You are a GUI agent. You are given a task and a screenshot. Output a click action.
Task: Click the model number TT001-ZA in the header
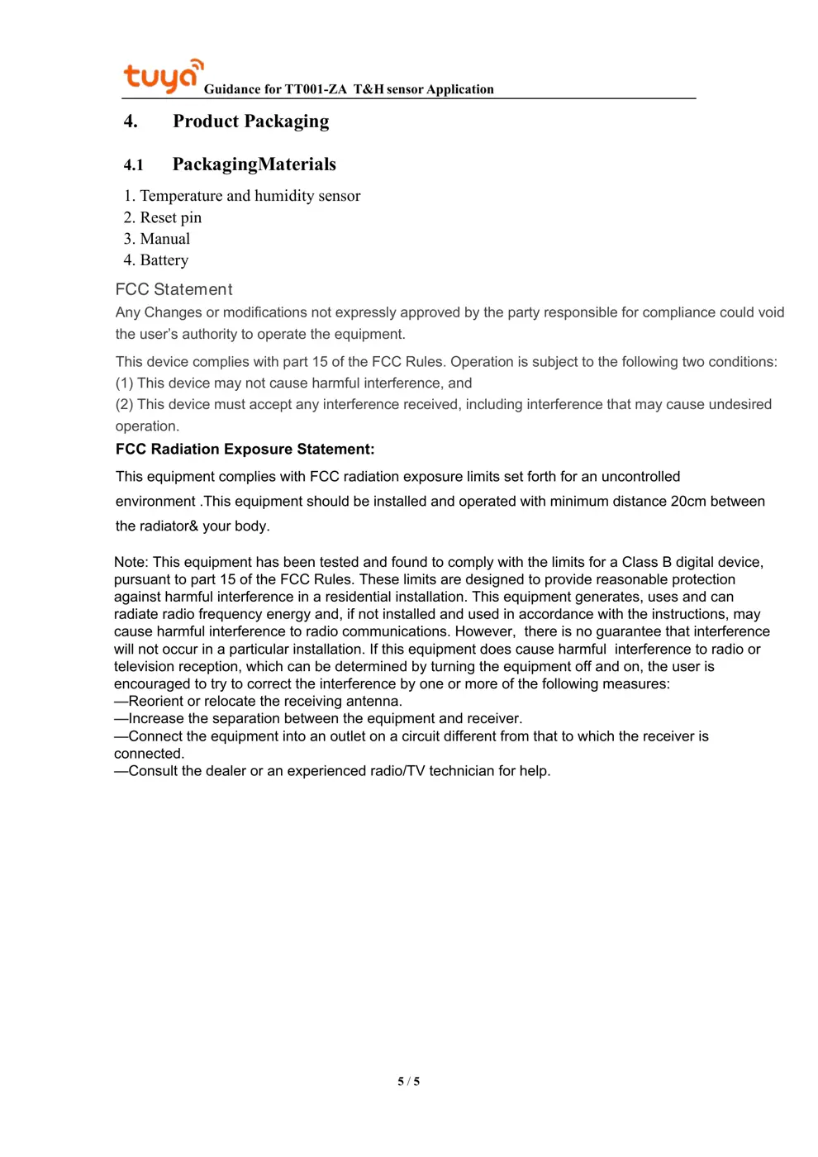[316, 89]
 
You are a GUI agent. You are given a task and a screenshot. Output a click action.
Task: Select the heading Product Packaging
[250, 121]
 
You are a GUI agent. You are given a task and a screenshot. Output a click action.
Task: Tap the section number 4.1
[134, 164]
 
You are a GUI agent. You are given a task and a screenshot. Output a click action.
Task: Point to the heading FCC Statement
[174, 289]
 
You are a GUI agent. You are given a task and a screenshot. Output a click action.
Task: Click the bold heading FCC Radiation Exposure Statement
[245, 449]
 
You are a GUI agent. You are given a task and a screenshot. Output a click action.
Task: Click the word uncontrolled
[640, 476]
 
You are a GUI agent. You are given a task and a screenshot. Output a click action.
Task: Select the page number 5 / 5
[408, 1081]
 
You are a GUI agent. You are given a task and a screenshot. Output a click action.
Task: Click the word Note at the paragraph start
[130, 562]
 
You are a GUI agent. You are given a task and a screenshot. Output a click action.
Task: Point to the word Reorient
[156, 701]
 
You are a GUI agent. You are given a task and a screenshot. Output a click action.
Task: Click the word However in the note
[484, 631]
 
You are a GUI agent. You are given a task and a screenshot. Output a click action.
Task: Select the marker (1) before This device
[124, 383]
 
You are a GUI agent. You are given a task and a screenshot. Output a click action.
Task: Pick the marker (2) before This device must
[124, 404]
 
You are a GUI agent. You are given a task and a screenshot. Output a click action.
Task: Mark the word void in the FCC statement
[770, 312]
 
